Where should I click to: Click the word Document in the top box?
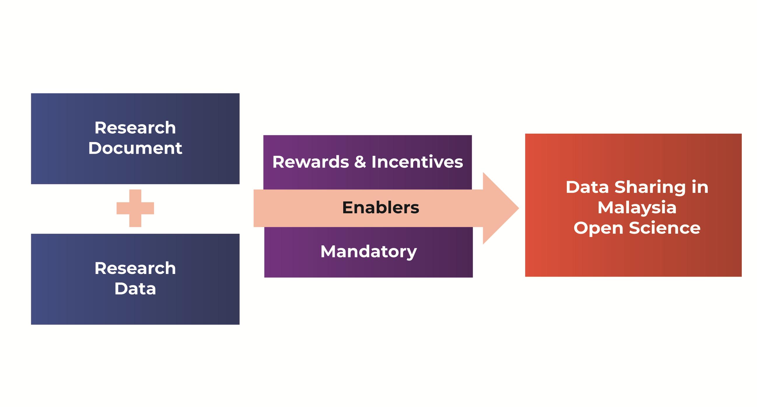coord(135,148)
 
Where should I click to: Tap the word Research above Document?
coord(135,128)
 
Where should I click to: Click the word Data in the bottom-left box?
coord(135,289)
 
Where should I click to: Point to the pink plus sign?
coord(135,208)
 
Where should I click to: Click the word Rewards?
coord(311,162)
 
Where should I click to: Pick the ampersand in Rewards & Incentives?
coord(360,162)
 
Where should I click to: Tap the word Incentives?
coord(417,162)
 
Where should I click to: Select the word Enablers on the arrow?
coord(381,208)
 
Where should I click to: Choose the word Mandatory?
coord(369,252)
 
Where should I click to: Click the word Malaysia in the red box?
coord(637,208)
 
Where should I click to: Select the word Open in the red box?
coord(598,228)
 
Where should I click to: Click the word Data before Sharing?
coord(587,187)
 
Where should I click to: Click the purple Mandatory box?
coord(294,265)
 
